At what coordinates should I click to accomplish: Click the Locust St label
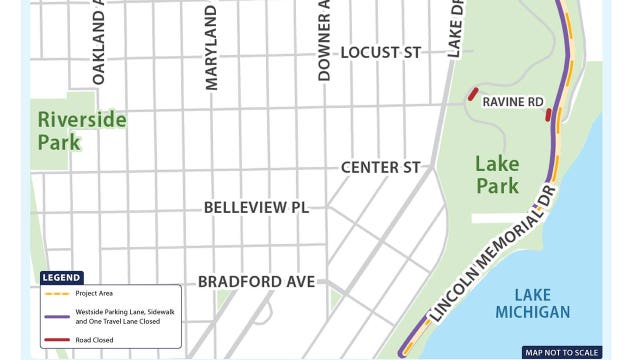click(380, 52)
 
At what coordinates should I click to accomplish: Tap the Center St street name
click(380, 167)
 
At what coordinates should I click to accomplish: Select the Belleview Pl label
click(256, 208)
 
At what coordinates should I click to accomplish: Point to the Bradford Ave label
click(256, 281)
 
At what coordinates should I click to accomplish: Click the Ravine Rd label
click(513, 102)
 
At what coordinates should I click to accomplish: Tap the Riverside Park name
click(82, 131)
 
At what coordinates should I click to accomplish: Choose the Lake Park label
click(497, 174)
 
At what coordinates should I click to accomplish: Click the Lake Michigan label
click(533, 303)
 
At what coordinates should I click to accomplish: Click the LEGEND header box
click(62, 277)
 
